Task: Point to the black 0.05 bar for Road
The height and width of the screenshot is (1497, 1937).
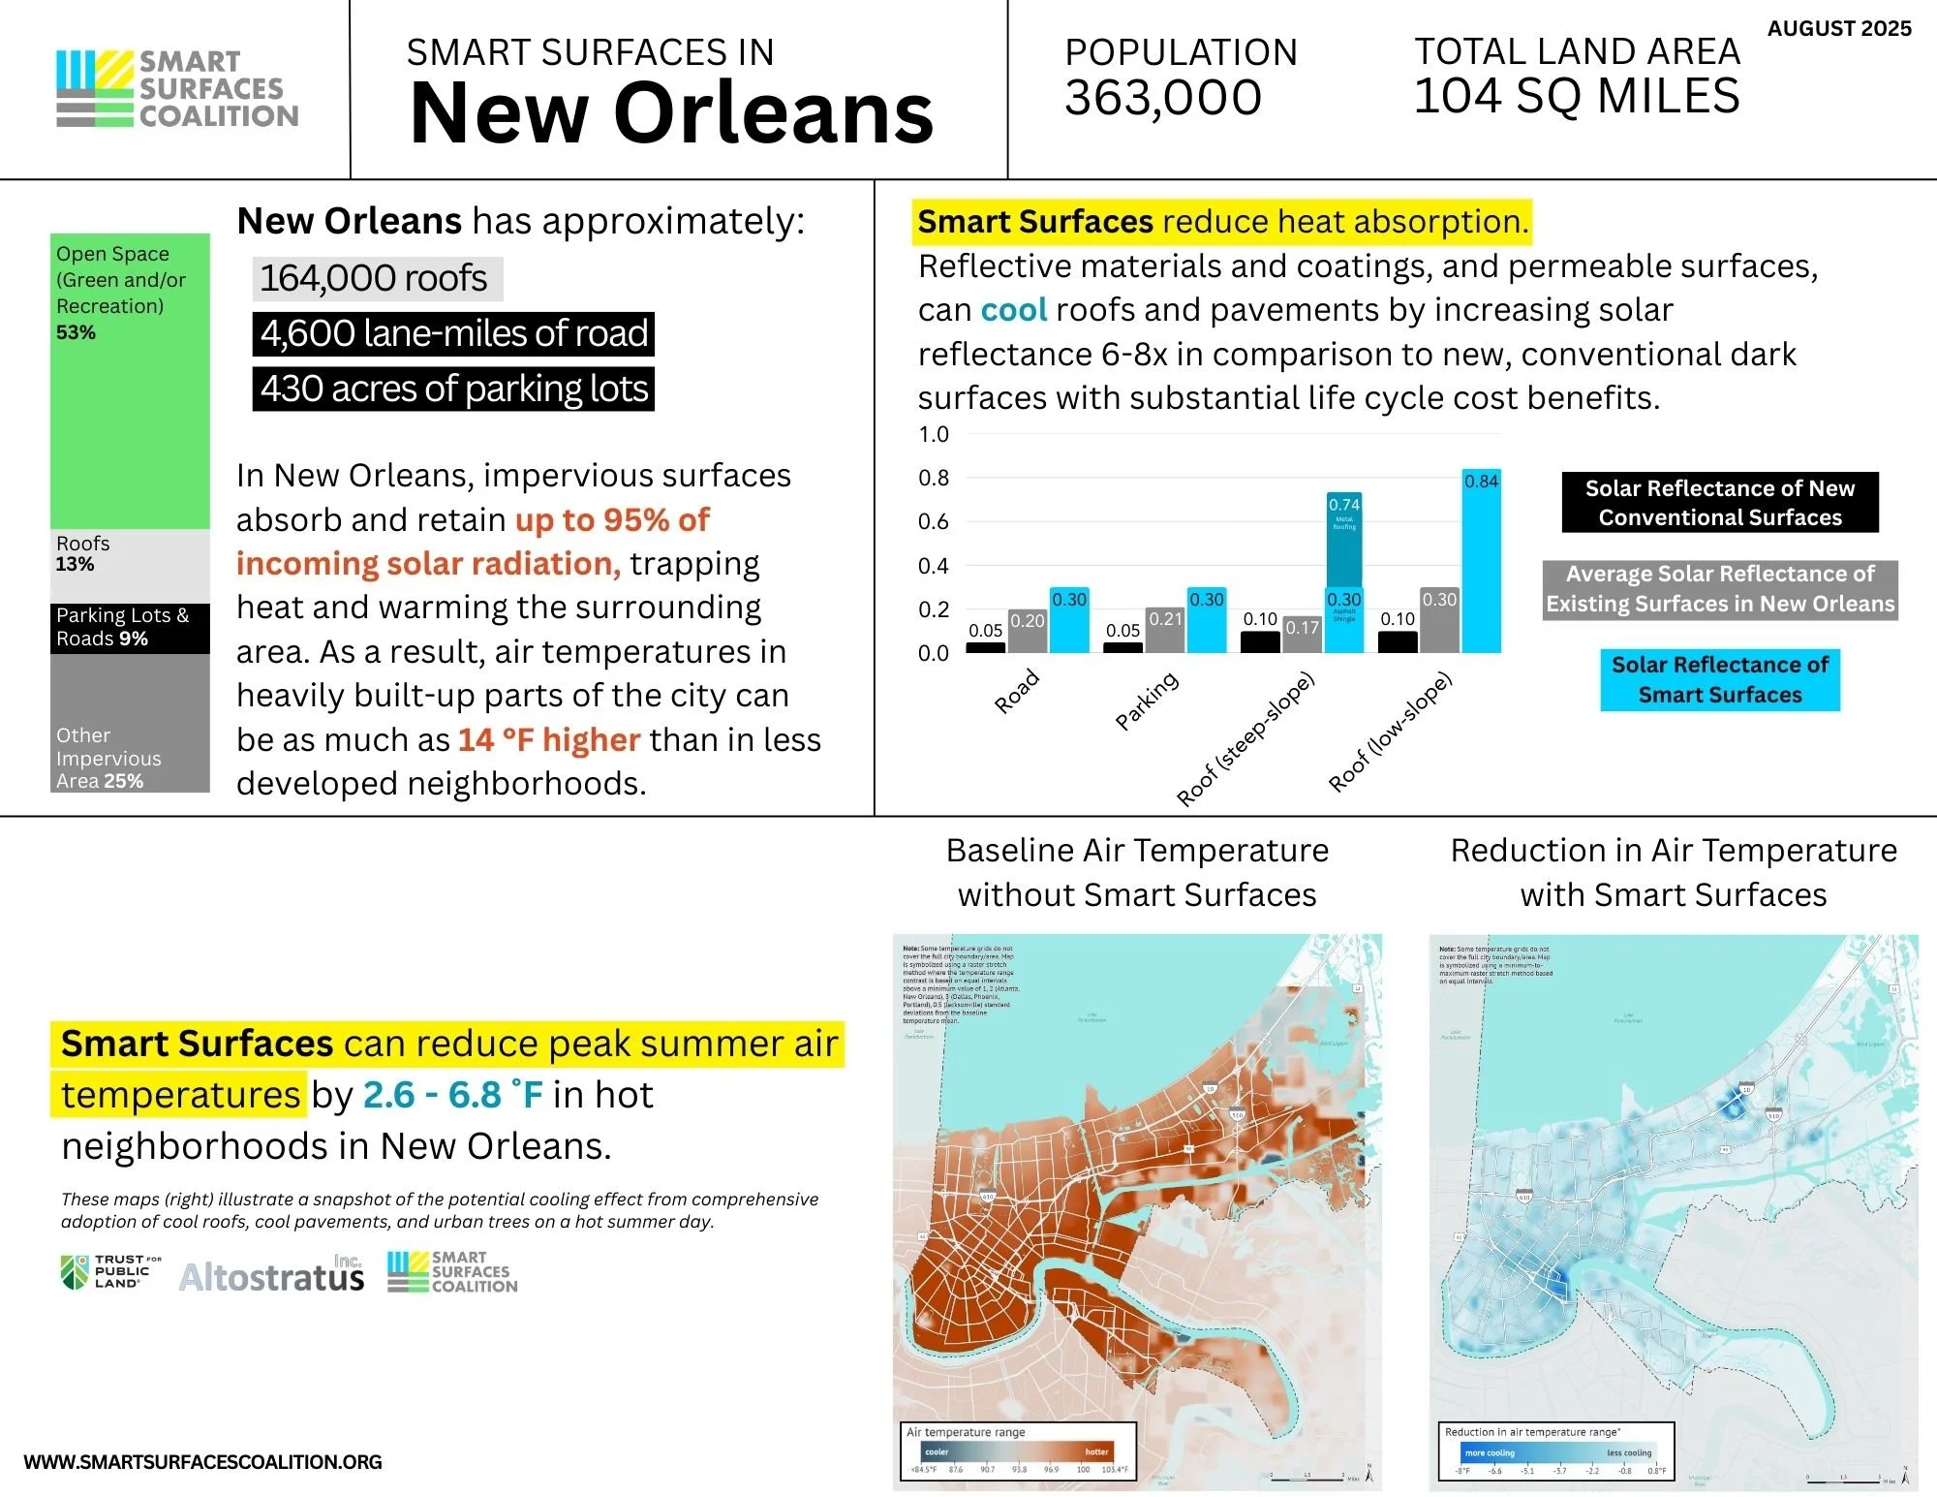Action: [985, 647]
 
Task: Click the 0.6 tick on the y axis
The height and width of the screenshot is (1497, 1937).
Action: [933, 522]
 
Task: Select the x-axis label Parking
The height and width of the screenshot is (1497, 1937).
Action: [1147, 700]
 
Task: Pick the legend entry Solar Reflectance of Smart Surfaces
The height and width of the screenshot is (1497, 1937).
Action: [1719, 679]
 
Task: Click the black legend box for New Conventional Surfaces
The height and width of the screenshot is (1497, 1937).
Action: [1719, 502]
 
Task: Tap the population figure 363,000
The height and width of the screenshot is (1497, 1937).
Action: [1163, 98]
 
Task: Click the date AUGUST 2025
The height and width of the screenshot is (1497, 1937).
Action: [1838, 28]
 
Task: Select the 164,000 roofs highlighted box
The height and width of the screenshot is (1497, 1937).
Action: [376, 279]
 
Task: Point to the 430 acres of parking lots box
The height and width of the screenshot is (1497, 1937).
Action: [453, 389]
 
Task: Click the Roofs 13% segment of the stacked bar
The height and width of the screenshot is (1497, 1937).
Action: [130, 565]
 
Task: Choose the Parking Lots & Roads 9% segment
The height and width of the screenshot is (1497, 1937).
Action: [130, 628]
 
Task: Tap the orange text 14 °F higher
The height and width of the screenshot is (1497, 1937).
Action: [549, 740]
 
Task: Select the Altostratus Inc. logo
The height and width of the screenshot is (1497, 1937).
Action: [272, 1275]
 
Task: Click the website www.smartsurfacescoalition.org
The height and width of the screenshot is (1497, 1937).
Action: [202, 1462]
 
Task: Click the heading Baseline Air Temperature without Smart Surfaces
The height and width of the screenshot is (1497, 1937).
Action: [1137, 872]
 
